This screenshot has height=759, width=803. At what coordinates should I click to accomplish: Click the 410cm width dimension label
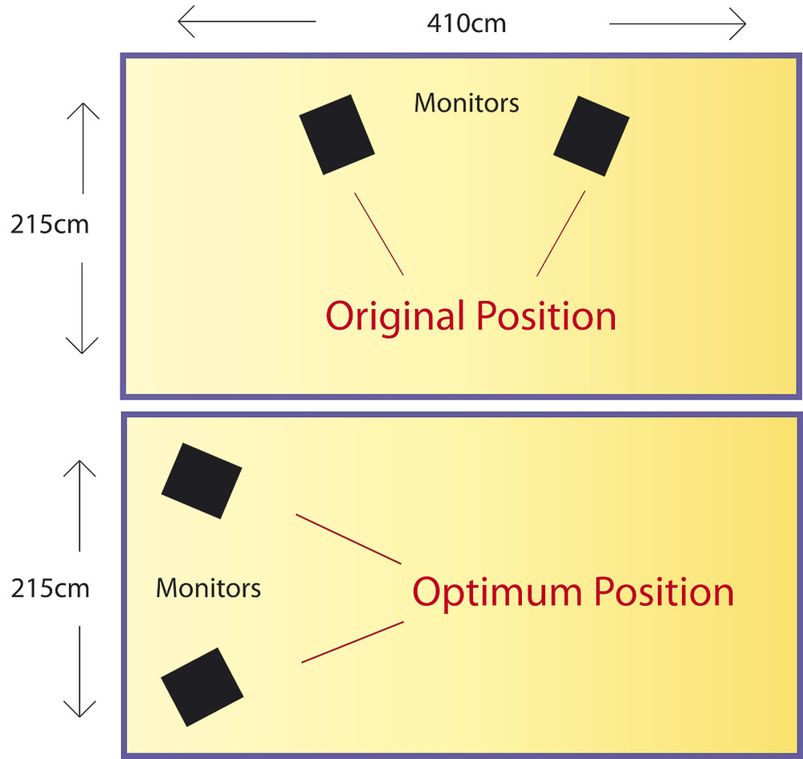coord(467,23)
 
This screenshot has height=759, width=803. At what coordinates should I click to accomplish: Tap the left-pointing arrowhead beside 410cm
coord(186,22)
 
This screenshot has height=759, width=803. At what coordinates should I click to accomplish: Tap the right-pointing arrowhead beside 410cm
coord(738,23)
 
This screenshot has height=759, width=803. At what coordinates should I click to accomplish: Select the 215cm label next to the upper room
coord(50,224)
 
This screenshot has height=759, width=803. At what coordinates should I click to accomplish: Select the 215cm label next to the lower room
coord(50,588)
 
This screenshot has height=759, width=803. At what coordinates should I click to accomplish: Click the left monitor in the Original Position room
coord(337,135)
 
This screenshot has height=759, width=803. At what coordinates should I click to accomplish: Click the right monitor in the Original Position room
coord(592,136)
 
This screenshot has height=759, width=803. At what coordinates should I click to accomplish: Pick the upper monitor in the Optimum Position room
coord(202,481)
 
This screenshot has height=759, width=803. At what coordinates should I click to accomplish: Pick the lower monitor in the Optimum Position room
coord(202,687)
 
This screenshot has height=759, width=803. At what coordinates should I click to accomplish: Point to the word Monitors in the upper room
coord(467,103)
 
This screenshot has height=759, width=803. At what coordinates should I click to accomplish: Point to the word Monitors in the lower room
coord(209,588)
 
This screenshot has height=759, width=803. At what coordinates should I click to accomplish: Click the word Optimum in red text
coord(497,594)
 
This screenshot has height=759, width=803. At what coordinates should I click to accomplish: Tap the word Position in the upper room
coord(546,316)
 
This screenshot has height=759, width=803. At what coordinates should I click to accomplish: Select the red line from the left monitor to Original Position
coord(379,234)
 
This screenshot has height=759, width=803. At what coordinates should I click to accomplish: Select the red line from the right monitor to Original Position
coord(560,233)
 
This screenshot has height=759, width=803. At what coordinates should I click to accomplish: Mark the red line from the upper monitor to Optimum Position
coord(349,539)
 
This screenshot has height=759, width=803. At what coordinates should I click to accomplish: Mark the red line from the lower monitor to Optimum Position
coord(353,642)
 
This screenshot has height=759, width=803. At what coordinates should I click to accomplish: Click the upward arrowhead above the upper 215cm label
coord(83,111)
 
